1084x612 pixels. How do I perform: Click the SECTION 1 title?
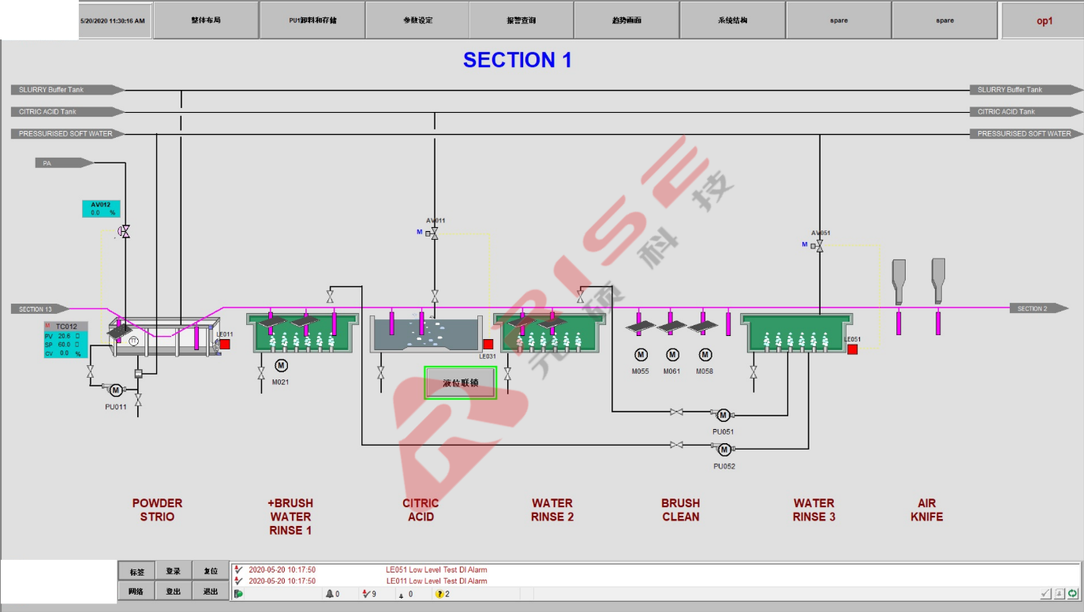point(517,60)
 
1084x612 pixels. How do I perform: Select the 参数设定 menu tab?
point(417,21)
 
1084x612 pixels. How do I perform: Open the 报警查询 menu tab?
point(521,21)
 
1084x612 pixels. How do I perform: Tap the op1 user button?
point(1044,21)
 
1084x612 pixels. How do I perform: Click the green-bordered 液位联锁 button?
point(461,383)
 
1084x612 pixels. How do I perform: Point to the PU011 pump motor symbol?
point(115,390)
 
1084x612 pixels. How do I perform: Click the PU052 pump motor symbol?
point(723,450)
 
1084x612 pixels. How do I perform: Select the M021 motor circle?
point(281,365)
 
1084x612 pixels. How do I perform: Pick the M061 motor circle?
point(672,355)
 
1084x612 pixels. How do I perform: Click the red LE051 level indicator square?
point(852,349)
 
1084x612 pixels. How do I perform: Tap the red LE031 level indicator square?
point(488,345)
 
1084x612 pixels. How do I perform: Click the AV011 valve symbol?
point(434,233)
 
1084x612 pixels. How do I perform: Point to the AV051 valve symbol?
point(819,246)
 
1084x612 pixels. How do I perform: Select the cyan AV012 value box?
point(101,209)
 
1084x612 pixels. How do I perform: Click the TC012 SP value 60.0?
point(64,345)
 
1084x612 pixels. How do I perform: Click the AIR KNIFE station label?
point(926,510)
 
